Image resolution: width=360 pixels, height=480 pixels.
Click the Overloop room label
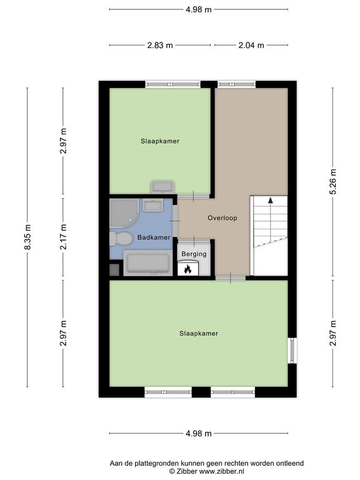[x=222, y=218]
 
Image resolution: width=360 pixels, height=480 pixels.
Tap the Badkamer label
[x=154, y=237]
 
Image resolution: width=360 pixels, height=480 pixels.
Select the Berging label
[x=194, y=254]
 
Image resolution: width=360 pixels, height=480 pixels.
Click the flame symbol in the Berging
[x=187, y=269]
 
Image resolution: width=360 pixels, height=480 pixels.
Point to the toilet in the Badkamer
[x=121, y=239]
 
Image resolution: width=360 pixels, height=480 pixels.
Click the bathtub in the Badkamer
[x=148, y=262]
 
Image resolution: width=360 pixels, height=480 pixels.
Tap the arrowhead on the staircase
[x=270, y=200]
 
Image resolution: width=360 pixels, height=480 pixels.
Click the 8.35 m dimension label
[x=27, y=237]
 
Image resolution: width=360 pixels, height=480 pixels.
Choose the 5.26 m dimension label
[x=332, y=181]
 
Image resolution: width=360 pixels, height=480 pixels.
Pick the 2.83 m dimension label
[x=160, y=45]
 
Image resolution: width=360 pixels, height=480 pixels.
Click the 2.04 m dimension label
[x=251, y=45]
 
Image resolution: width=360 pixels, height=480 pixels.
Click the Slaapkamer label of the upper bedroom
[x=160, y=141]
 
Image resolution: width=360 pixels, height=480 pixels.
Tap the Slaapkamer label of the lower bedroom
[x=199, y=333]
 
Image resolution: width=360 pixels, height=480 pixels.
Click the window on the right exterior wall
[x=292, y=351]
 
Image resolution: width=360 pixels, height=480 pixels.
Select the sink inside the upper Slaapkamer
[x=162, y=187]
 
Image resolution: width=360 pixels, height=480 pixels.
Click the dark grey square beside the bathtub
[x=114, y=270]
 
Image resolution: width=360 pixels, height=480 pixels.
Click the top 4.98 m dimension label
[x=198, y=9]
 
